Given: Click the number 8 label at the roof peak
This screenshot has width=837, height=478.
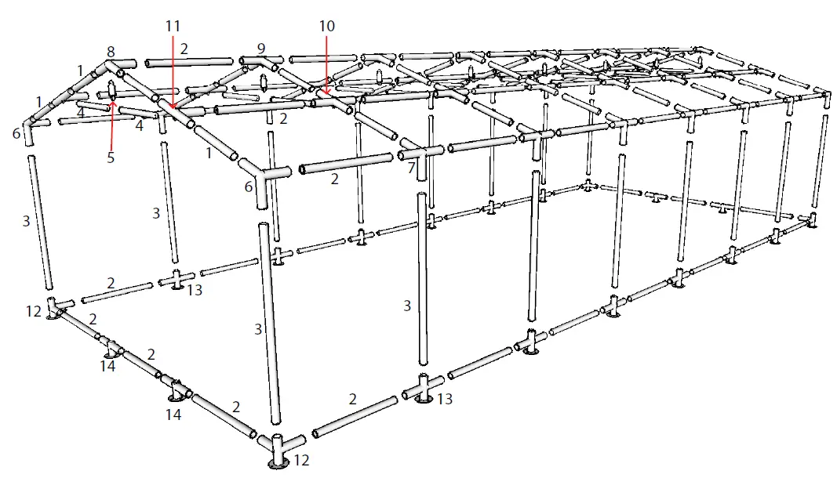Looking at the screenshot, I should tap(111, 52).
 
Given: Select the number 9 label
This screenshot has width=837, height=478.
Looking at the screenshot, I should tap(261, 47).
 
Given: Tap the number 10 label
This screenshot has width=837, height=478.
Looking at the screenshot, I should tap(326, 26).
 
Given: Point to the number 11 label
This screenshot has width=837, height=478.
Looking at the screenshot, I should tap(173, 26).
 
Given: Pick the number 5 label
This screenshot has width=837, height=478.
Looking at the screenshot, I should tap(111, 157).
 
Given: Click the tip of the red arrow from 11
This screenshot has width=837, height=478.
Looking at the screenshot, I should tap(173, 107).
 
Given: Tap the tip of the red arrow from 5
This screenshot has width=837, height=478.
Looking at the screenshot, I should tap(112, 99).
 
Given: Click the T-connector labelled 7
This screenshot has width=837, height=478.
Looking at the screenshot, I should tap(423, 153).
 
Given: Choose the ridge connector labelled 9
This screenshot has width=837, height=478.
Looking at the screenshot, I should tap(263, 60).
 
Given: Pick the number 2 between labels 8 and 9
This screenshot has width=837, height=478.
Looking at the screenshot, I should tap(184, 49).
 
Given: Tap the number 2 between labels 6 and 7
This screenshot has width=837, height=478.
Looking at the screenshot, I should tap(335, 179).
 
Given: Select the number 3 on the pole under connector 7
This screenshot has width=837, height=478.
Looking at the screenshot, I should tap(407, 306).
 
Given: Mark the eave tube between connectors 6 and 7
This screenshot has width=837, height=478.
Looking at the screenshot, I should tap(345, 163).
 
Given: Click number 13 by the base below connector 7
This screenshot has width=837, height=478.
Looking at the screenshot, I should tap(445, 400).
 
